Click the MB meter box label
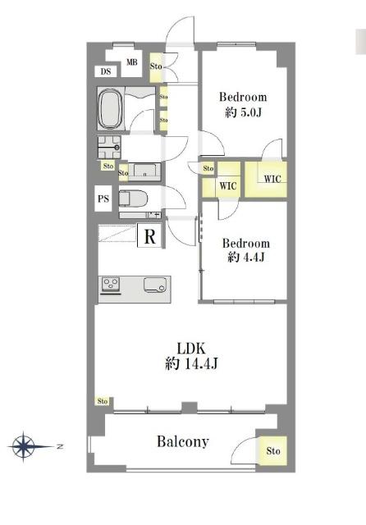point(131,62)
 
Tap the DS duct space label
point(106,71)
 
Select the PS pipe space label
point(103,199)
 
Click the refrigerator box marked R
point(149,236)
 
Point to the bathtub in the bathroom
point(110,108)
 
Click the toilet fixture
point(133,199)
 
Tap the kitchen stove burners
point(111,285)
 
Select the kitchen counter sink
point(154,285)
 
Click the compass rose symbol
point(24,446)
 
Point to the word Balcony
point(183,441)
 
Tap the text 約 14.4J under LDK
point(191,363)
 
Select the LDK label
point(191,349)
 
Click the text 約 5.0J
point(243,112)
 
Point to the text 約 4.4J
point(246,257)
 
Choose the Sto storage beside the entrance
point(156,67)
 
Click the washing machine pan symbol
point(109,147)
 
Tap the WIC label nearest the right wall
point(272,179)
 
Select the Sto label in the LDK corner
point(103,401)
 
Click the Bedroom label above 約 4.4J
point(246,243)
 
